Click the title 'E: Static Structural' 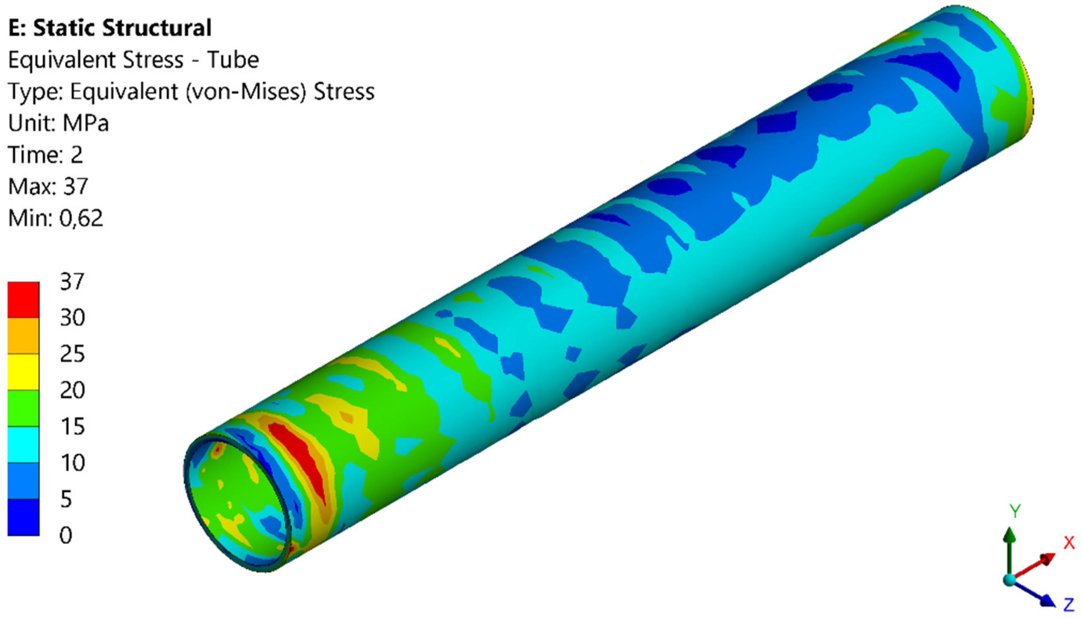(110, 28)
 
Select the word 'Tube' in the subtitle (233, 59)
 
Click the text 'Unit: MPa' (58, 123)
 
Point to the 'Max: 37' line (48, 186)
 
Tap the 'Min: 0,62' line (55, 218)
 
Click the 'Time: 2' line (45, 154)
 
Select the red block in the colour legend (23, 300)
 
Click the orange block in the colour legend (23, 336)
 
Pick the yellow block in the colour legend (23, 372)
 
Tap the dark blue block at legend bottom (23, 517)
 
